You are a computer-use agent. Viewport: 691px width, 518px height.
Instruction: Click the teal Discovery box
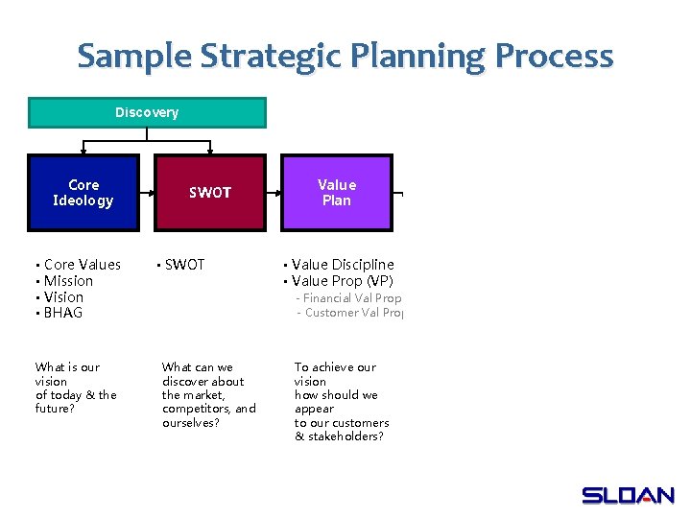[x=147, y=113]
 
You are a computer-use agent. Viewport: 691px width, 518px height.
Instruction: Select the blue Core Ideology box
[x=83, y=193]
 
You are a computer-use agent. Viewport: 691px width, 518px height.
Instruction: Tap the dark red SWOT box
[x=210, y=193]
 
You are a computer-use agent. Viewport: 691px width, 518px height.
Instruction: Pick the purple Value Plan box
[x=336, y=193]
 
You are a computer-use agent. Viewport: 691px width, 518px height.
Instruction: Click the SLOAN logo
[x=628, y=495]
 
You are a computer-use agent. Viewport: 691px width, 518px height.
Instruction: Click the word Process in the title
[x=554, y=56]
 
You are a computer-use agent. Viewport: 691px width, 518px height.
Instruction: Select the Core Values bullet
[x=83, y=265]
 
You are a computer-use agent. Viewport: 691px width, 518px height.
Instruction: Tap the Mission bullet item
[x=68, y=281]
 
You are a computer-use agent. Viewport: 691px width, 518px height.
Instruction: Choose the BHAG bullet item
[x=63, y=313]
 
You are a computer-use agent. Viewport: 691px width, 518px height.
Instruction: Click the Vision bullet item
[x=63, y=297]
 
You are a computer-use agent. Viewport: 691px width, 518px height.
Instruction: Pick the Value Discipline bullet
[x=343, y=265]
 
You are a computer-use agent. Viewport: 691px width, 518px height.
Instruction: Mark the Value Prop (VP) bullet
[x=342, y=281]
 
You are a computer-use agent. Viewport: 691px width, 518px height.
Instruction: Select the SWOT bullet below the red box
[x=184, y=265]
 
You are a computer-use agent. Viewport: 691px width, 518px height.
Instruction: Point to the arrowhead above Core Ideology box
[x=83, y=150]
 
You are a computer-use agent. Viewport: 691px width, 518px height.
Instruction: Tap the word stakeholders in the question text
[x=344, y=436]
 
